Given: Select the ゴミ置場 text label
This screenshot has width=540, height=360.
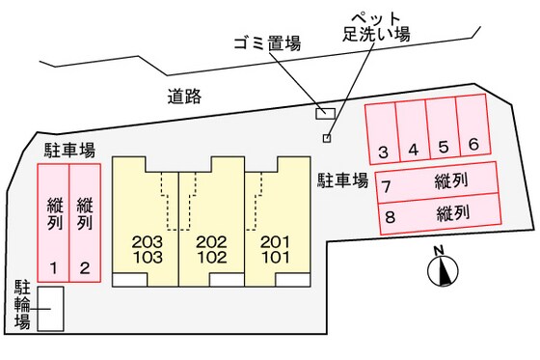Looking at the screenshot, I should pyautogui.click(x=267, y=43).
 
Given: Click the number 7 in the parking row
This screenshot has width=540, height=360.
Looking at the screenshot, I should pyautogui.click(x=388, y=186).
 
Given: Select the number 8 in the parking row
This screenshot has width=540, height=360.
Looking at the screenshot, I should pyautogui.click(x=390, y=215).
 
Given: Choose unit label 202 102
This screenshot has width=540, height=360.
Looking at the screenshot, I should pyautogui.click(x=210, y=248).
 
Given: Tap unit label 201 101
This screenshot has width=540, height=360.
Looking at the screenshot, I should pyautogui.click(x=274, y=248).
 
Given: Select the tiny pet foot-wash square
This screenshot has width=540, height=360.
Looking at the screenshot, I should pyautogui.click(x=327, y=138).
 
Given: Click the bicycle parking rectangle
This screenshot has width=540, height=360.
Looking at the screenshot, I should pyautogui.click(x=50, y=308).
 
